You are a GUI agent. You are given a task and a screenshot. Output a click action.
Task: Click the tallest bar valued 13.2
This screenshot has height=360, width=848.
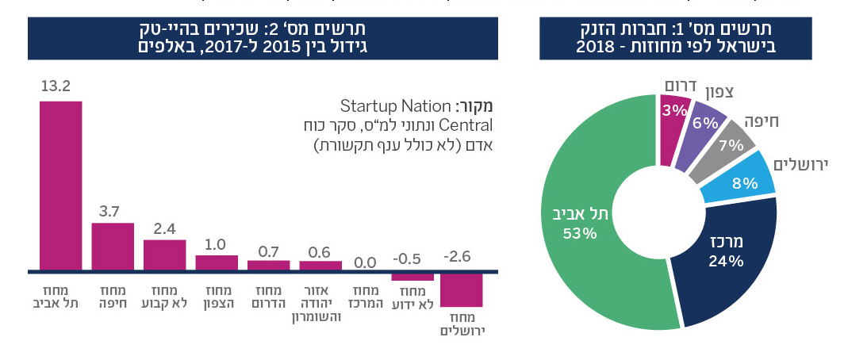pos(60,185)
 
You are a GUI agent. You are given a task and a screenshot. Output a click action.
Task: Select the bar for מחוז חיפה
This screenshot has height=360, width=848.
pos(113,246)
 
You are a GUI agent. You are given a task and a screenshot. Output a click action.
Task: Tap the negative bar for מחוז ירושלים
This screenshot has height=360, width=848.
pos(461,290)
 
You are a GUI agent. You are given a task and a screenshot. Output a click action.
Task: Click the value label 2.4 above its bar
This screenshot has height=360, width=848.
pos(164,228)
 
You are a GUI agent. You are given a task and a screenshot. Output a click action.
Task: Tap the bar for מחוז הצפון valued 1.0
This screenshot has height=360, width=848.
pos(217,262)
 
